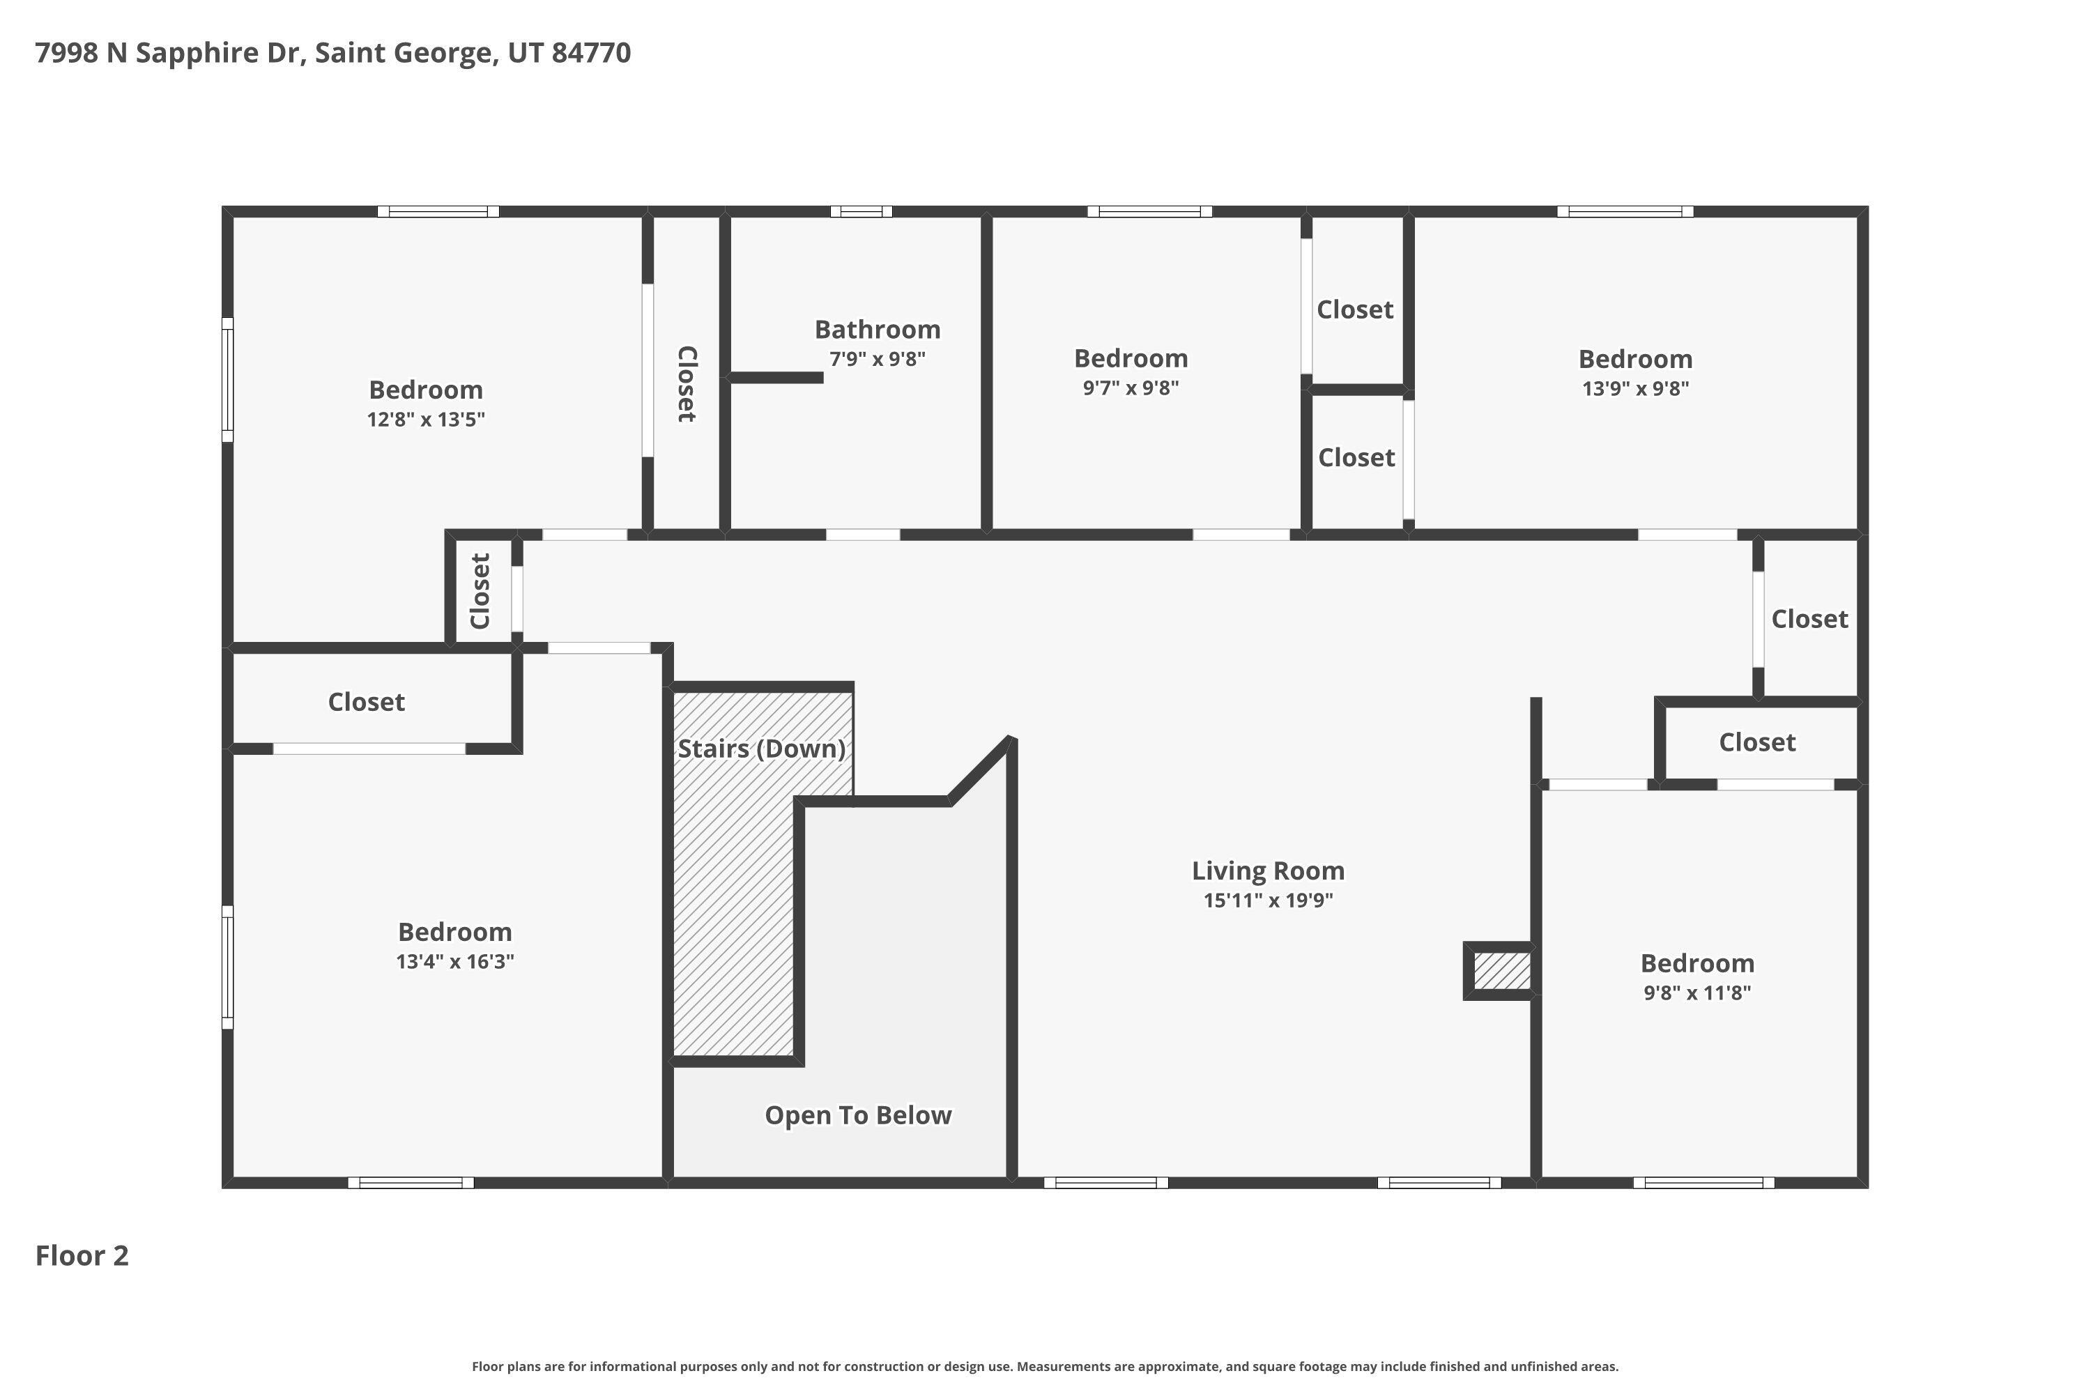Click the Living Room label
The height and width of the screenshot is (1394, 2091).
(x=1268, y=871)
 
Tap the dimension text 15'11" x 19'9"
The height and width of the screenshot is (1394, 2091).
(x=1268, y=900)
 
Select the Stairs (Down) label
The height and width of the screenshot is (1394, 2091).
(x=761, y=749)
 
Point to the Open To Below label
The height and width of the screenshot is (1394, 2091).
(x=858, y=1115)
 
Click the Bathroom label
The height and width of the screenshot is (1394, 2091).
(x=878, y=330)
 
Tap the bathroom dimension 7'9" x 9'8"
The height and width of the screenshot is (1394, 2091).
(x=878, y=359)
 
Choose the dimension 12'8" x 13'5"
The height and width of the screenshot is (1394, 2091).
(x=426, y=419)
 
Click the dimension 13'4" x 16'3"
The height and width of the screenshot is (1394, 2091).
(x=455, y=961)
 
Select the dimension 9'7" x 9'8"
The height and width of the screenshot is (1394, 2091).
(x=1131, y=388)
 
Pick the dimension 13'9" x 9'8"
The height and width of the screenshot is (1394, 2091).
(x=1635, y=388)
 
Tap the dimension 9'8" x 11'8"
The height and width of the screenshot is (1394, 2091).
(x=1697, y=992)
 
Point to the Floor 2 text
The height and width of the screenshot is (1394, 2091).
(x=82, y=1255)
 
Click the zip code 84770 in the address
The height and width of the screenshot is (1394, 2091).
(x=591, y=52)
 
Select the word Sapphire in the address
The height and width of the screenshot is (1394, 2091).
(x=197, y=52)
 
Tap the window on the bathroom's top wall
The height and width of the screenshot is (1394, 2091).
(x=861, y=212)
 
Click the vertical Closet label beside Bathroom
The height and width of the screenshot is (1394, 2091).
(x=687, y=383)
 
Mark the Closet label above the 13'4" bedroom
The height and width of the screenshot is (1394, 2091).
(x=367, y=703)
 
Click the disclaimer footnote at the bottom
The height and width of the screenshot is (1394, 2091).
(x=1045, y=1366)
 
